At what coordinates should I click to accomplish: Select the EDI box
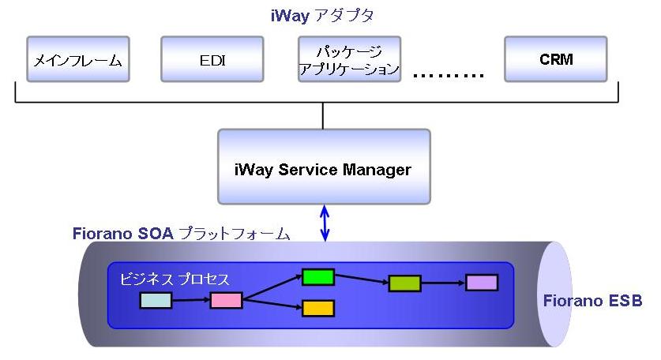pos(212,58)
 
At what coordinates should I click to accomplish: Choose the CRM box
pos(556,58)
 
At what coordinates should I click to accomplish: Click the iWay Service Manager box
pos(323,168)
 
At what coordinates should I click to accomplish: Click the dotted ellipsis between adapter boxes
pos(448,76)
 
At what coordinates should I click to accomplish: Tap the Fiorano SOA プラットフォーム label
pos(181,234)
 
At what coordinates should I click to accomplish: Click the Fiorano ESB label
pos(592,301)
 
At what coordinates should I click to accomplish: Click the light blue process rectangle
pos(156,300)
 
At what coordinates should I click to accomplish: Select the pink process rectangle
pos(226,300)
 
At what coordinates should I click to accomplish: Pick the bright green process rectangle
pos(317,277)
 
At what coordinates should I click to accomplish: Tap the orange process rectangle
pos(317,308)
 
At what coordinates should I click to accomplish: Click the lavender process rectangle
pos(481,283)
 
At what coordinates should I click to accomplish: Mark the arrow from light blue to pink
pos(190,300)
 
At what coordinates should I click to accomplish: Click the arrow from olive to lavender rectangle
pos(442,283)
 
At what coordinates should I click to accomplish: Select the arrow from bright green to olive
pos(361,280)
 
